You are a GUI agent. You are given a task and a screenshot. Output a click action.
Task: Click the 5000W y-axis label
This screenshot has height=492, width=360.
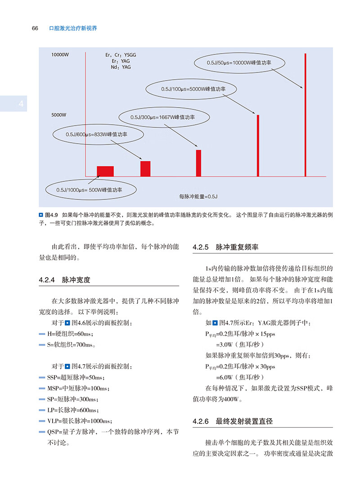coord(59,115)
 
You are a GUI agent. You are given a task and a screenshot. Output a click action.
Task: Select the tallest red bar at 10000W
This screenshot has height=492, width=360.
coord(305,115)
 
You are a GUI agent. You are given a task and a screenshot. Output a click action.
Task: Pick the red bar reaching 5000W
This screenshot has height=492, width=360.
coord(258,145)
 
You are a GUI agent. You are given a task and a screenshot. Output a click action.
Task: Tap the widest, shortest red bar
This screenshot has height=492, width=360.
coord(105,171)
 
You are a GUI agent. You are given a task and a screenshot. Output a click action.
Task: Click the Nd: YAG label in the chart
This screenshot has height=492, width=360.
coord(120,67)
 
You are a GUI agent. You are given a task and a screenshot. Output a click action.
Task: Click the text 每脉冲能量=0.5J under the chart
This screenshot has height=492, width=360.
coord(198,197)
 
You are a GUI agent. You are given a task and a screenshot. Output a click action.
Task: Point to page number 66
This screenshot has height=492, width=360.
coord(35,28)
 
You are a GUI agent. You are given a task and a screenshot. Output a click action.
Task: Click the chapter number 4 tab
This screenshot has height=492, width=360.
coord(20,104)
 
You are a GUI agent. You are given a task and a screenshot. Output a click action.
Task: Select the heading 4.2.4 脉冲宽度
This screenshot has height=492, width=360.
coord(65,280)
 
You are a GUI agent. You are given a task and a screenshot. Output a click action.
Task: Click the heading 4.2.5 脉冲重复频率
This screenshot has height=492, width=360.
coord(225,248)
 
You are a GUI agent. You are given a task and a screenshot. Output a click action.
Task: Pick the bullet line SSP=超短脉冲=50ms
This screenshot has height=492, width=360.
coord(75,377)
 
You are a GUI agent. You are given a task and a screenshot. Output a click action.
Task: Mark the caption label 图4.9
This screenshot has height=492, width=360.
coord(52,215)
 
